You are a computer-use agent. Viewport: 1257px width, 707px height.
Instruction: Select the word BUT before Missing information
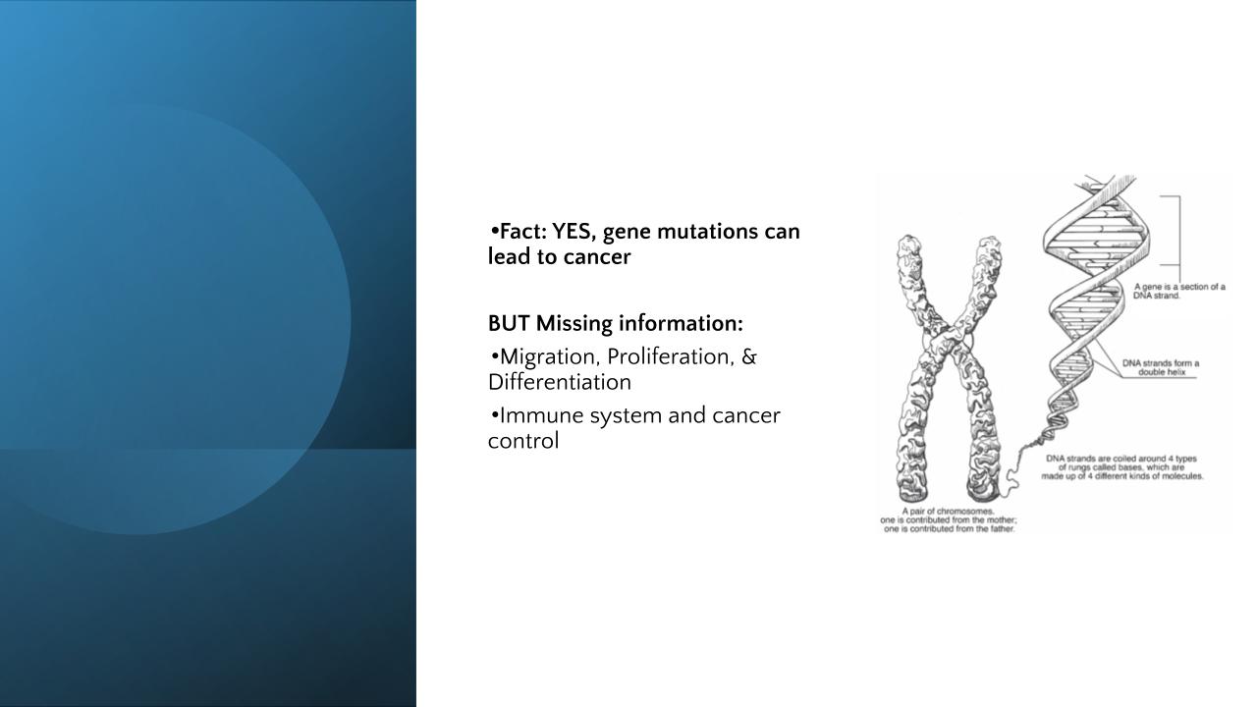(509, 324)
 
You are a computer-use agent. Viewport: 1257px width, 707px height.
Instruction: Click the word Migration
(551, 357)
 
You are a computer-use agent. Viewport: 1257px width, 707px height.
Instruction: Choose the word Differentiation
(560, 383)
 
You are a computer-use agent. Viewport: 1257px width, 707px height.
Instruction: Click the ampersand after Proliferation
(749, 356)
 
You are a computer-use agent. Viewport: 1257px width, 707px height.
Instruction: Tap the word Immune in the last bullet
(541, 415)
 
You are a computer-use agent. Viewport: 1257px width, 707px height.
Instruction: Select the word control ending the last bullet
(523, 441)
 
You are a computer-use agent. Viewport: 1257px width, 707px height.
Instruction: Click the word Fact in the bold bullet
(523, 231)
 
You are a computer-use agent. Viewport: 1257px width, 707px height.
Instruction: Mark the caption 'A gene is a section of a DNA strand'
(1179, 292)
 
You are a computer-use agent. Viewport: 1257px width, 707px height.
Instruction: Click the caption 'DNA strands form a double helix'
(1161, 367)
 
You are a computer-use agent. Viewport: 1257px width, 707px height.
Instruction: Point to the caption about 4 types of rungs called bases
(1122, 467)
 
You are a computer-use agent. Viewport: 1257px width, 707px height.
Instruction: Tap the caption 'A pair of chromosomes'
(949, 520)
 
